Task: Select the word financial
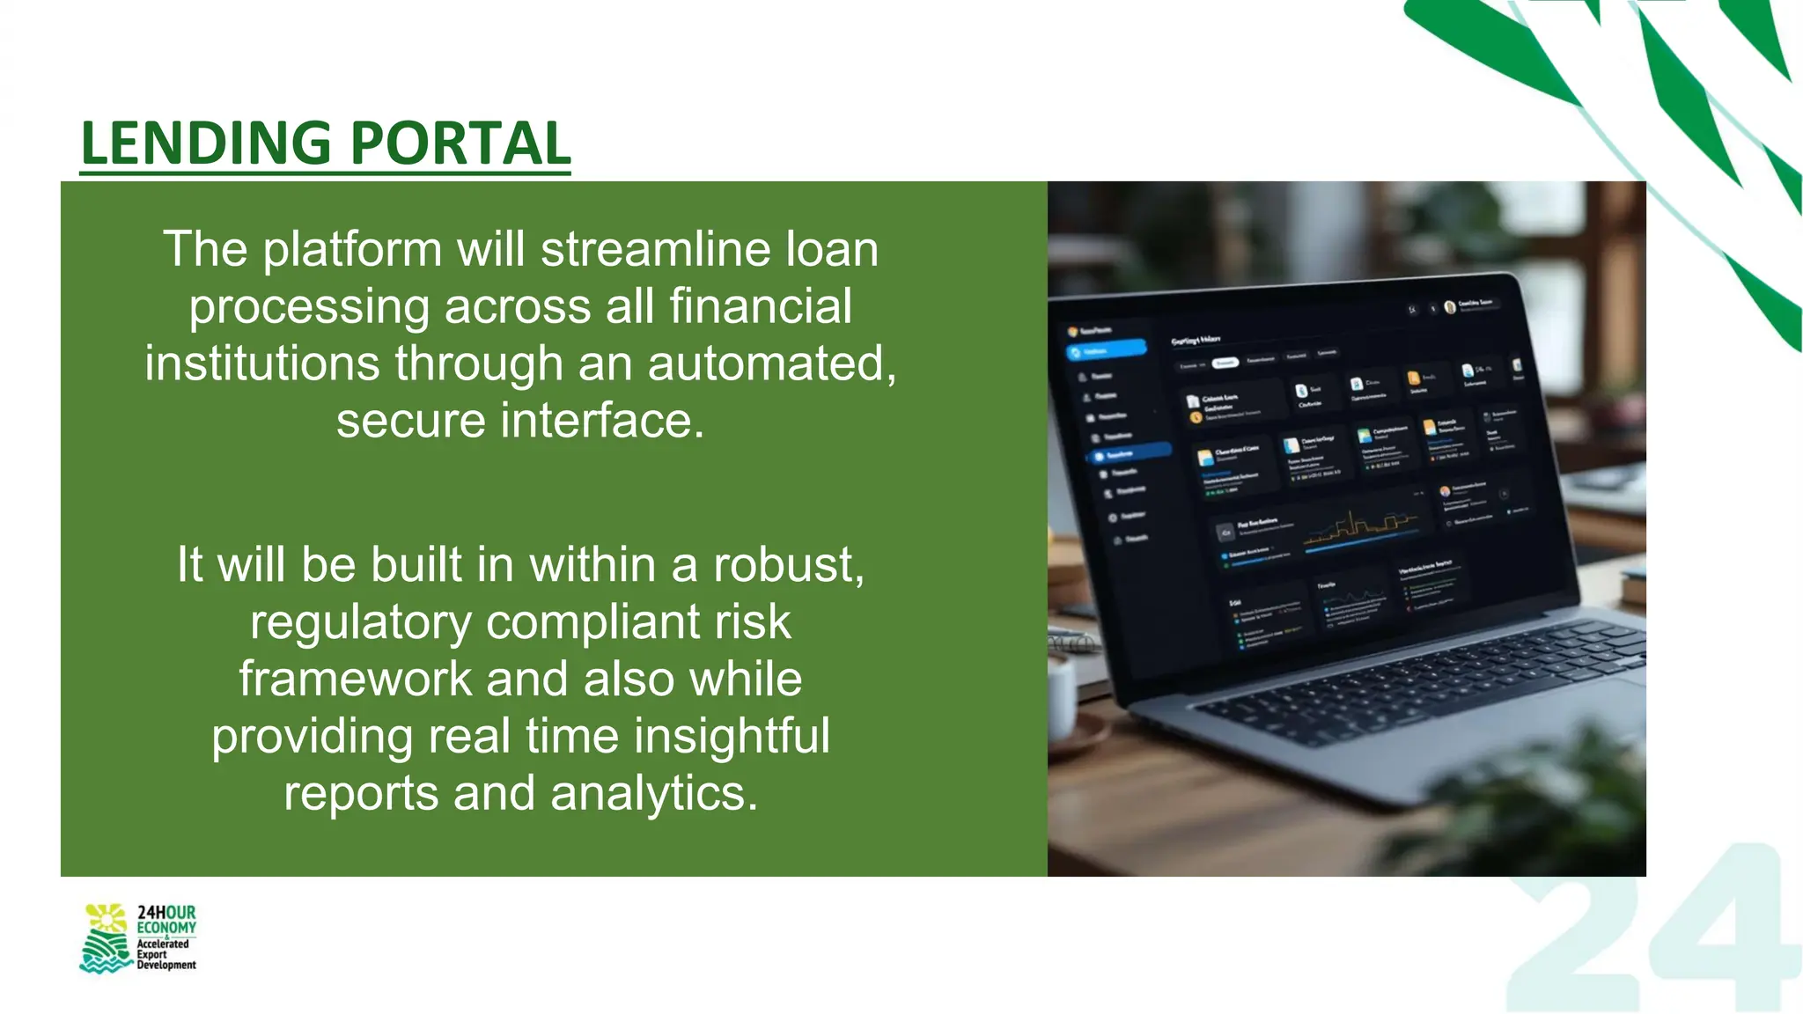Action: pos(760,306)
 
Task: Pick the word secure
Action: pos(410,421)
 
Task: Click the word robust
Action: pos(788,564)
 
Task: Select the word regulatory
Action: pos(361,622)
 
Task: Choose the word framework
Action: pos(355,679)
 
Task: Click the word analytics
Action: pos(653,793)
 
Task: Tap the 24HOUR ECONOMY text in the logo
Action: pos(166,920)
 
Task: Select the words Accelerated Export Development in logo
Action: pos(166,954)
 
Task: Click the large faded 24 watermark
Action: pos(1655,933)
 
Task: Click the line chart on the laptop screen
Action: pos(1360,528)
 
